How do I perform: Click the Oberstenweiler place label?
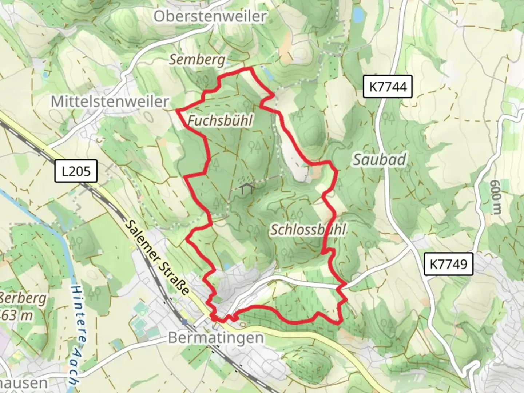[210, 16]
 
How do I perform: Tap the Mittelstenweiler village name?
[110, 101]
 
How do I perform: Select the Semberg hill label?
[197, 59]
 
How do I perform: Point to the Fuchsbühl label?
[220, 120]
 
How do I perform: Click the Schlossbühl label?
[308, 230]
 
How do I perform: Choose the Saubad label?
[380, 159]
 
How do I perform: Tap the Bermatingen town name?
[216, 338]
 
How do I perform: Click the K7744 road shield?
[388, 87]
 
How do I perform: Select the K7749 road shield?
[448, 264]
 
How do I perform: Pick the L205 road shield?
[76, 171]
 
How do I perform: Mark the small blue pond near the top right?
[358, 15]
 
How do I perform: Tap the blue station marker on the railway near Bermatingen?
[185, 322]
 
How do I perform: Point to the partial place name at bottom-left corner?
[23, 383]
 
